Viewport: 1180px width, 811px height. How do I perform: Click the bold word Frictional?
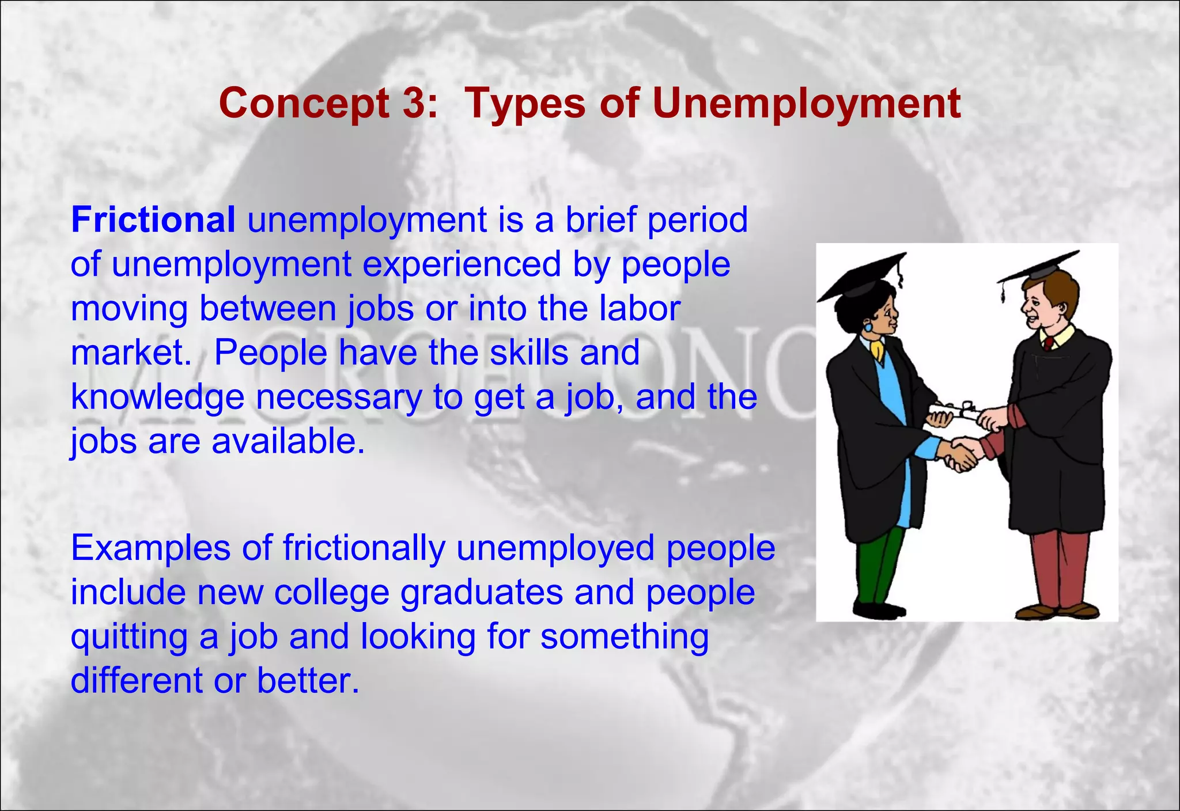pyautogui.click(x=153, y=220)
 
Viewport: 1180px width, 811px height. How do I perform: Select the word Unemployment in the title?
pyautogui.click(x=806, y=104)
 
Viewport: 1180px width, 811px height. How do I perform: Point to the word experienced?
pyautogui.click(x=462, y=264)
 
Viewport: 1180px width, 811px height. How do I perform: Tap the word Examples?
pyautogui.click(x=150, y=548)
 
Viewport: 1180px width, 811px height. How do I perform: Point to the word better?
pyautogui.click(x=308, y=680)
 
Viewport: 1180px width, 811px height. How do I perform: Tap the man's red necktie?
pyautogui.click(x=1048, y=344)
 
